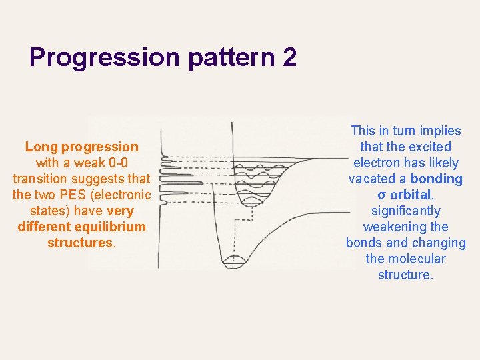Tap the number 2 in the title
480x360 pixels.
pyautogui.click(x=289, y=58)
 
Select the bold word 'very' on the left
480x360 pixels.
pyautogui.click(x=120, y=211)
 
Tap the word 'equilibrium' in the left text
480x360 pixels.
pyautogui.click(x=109, y=227)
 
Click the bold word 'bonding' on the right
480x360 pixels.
pyautogui.click(x=436, y=179)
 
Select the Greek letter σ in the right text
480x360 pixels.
pyautogui.click(x=381, y=195)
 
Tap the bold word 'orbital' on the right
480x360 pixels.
pyautogui.click(x=411, y=195)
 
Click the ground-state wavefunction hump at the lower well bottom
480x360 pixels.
pyautogui.click(x=233, y=259)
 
